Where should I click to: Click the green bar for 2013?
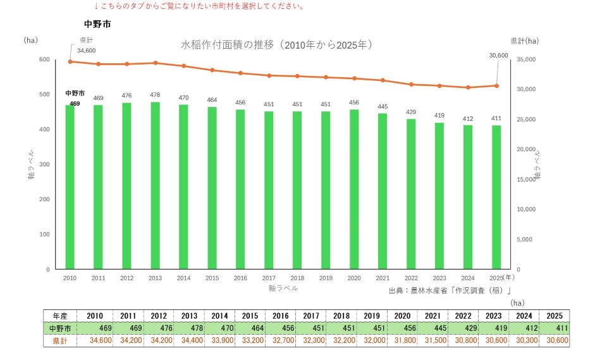(156, 185)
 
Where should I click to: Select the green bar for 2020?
(354, 190)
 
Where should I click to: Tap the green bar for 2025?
(496, 197)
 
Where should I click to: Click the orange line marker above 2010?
(70, 61)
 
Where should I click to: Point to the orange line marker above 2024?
(468, 87)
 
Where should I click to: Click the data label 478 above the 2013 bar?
(156, 94)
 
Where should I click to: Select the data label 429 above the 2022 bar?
(411, 111)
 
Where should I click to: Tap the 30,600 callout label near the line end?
(499, 56)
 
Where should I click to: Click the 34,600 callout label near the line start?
(87, 51)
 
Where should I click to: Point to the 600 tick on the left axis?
(44, 59)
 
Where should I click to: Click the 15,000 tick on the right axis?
(526, 180)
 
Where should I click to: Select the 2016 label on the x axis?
(240, 278)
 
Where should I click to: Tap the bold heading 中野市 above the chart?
(97, 24)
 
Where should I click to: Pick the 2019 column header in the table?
(372, 316)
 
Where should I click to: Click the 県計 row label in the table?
(60, 340)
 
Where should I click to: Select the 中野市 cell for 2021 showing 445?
(440, 328)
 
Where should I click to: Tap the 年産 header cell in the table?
(60, 316)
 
